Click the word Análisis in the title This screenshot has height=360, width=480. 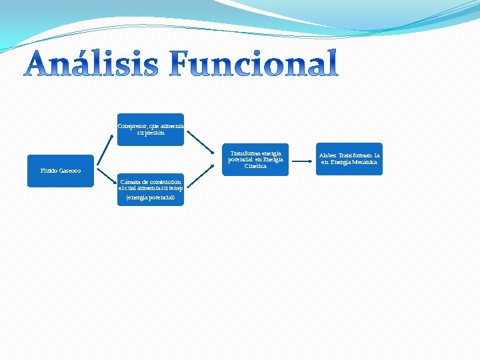point(93,65)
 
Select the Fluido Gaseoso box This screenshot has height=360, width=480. point(61,171)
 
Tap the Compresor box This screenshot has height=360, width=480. point(151,129)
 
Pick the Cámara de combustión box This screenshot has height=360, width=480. point(151,189)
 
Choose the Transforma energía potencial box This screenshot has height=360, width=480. point(255,159)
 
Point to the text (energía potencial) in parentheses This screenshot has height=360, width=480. point(150,197)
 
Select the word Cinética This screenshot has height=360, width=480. point(255,166)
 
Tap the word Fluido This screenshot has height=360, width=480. point(49,171)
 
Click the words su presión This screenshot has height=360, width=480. point(151,132)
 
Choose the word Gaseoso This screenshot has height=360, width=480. point(70,171)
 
